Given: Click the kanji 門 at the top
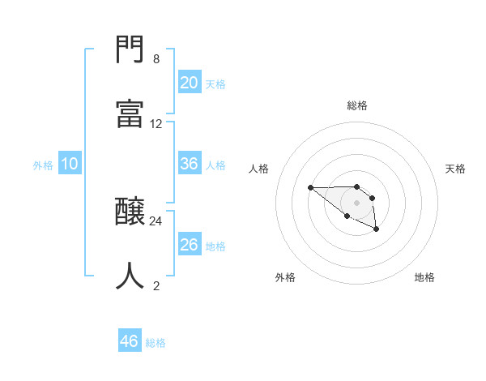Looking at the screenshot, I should [x=130, y=51].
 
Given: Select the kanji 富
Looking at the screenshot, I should [x=130, y=114].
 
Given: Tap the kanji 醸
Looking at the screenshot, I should [x=130, y=212].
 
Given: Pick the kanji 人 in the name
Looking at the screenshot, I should [x=130, y=276].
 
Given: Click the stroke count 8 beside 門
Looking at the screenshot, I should [x=156, y=59].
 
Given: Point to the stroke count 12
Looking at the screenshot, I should [x=156, y=124].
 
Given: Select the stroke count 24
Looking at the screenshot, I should [x=156, y=220].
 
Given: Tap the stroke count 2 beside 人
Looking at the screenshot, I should [x=156, y=285].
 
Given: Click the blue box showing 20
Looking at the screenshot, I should [x=189, y=83].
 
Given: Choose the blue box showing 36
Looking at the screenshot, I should [x=189, y=164].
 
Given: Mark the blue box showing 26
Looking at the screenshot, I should [x=189, y=245].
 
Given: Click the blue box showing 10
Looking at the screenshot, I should [x=70, y=164].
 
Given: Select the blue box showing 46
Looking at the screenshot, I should [x=130, y=341].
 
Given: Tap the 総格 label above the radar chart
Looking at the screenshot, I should [x=357, y=105].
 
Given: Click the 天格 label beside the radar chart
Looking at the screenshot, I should [x=456, y=169].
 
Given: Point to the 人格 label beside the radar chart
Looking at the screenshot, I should [x=259, y=169].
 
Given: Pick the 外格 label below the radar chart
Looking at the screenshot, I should [x=285, y=277].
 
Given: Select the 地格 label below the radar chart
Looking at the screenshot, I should [x=424, y=277].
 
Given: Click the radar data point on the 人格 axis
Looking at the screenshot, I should [x=310, y=188].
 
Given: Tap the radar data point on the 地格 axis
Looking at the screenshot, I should [x=377, y=230].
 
